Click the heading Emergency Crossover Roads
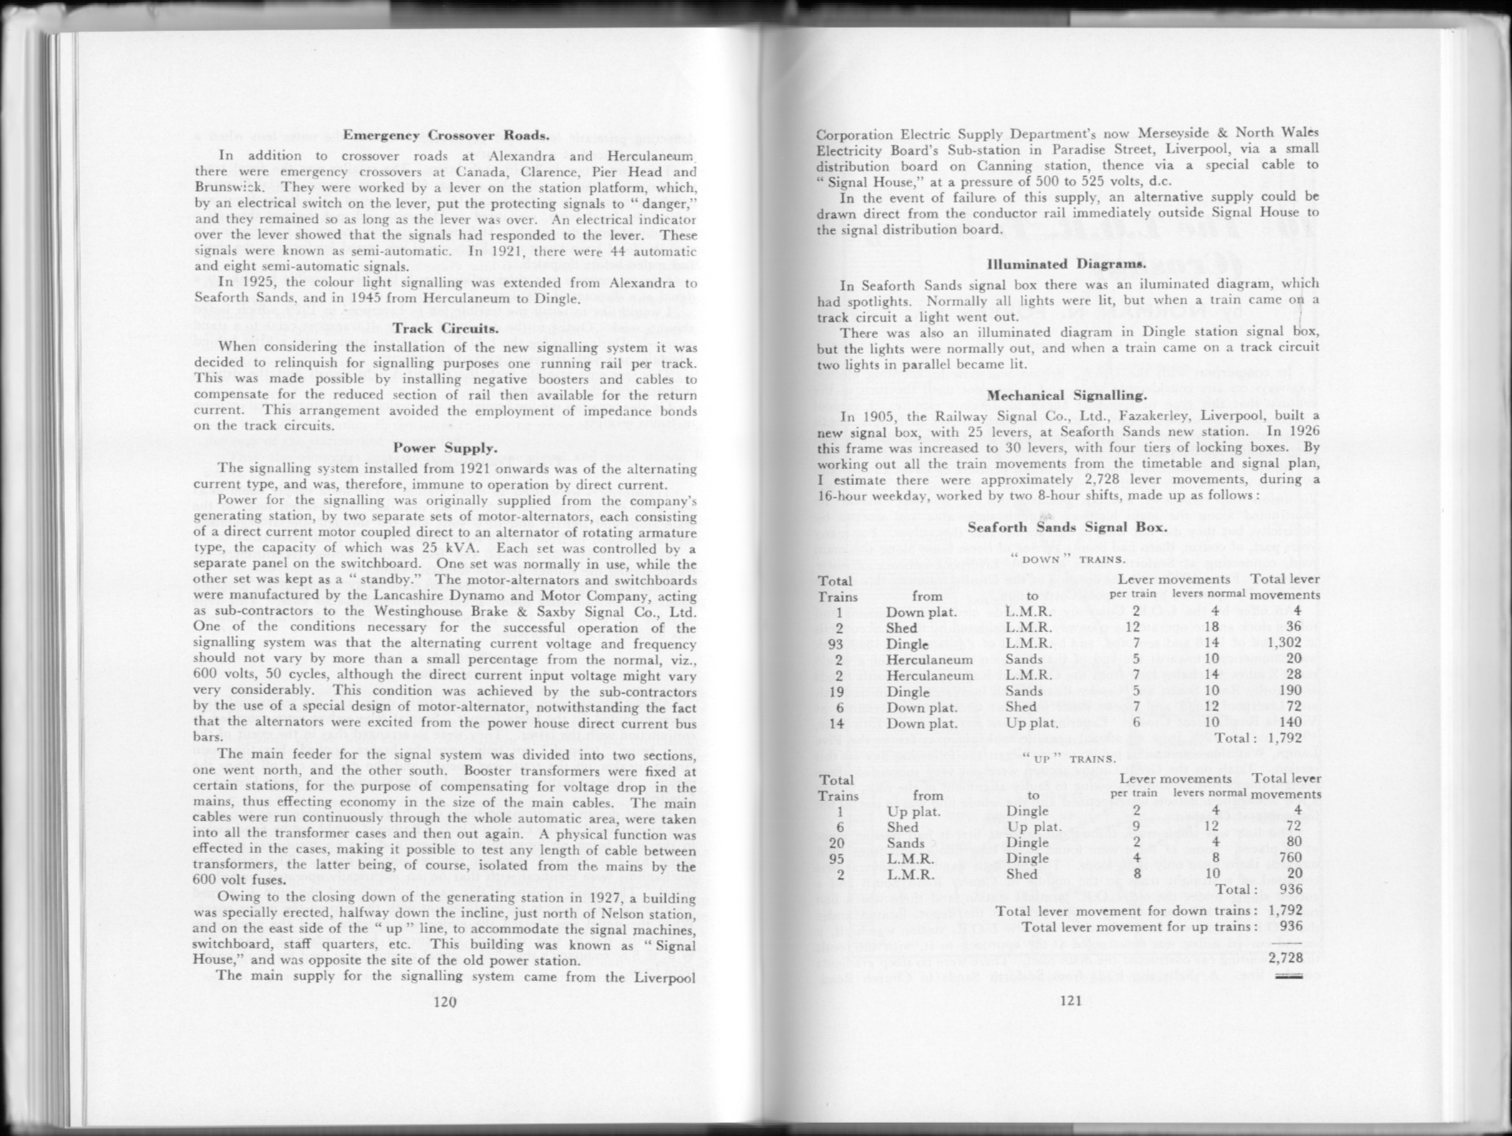[446, 135]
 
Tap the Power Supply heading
[446, 448]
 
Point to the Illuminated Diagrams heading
[1066, 264]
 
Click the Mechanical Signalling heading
[1066, 395]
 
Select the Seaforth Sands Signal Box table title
[1066, 528]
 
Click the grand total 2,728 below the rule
[1285, 958]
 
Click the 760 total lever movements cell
[1291, 859]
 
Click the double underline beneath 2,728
[1288, 976]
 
